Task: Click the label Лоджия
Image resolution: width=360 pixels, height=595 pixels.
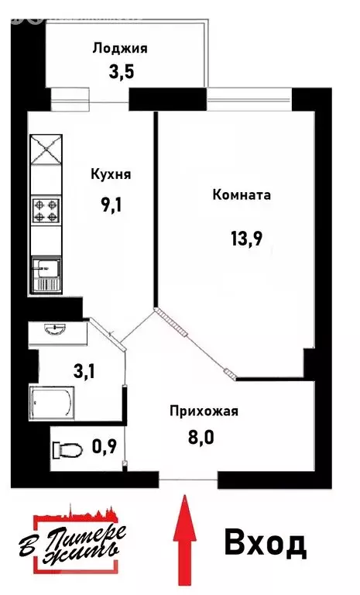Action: [120, 48]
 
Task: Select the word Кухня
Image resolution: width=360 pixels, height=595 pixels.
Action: [111, 174]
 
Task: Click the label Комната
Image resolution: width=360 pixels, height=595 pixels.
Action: [242, 195]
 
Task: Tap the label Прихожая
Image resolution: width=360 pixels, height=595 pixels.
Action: [204, 411]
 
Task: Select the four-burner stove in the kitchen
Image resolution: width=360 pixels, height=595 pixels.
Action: [46, 209]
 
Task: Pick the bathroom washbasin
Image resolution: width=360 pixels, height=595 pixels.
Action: [56, 329]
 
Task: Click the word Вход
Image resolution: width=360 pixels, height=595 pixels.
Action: [266, 543]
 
